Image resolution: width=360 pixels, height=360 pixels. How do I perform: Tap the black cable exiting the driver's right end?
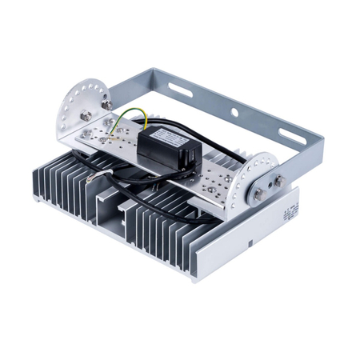(210, 164)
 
